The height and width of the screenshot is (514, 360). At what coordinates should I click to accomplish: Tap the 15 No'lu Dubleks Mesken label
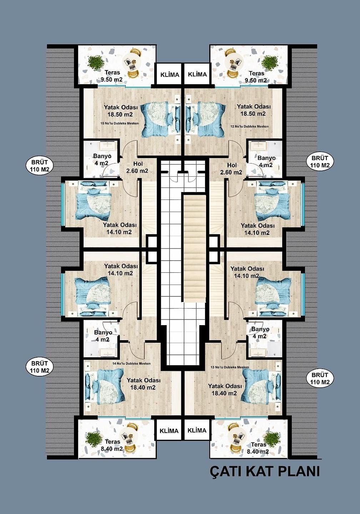[120, 123]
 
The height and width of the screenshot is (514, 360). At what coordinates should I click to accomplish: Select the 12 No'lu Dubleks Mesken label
[250, 126]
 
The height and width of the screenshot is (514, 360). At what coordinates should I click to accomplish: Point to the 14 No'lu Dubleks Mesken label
[131, 363]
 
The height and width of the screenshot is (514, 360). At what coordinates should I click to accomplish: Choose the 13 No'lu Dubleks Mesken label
[230, 367]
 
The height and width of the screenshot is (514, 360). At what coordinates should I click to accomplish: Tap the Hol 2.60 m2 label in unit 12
[231, 168]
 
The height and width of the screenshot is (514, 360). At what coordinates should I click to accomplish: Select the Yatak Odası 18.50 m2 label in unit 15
[121, 111]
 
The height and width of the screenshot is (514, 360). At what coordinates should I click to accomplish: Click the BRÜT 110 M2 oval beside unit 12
[320, 162]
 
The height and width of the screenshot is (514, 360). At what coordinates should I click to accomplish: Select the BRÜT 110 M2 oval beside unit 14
[39, 367]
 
